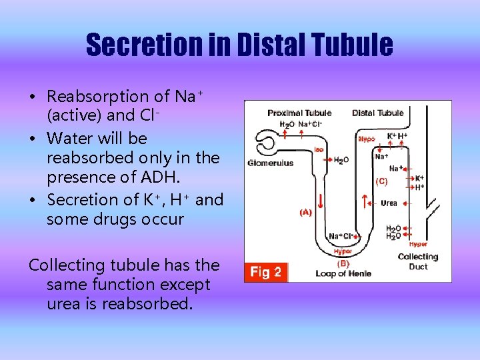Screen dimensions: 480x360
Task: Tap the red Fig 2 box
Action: click(266, 271)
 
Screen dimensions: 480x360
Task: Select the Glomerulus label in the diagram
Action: click(270, 163)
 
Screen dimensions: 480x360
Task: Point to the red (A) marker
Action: click(305, 213)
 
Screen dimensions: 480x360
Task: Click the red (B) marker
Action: click(343, 263)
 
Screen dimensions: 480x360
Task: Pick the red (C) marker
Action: click(382, 181)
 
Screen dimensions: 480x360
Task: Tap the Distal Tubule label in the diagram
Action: click(378, 113)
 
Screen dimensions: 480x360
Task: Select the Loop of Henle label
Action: click(344, 273)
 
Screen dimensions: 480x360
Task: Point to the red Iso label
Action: click(319, 149)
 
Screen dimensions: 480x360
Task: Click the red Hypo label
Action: click(367, 139)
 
